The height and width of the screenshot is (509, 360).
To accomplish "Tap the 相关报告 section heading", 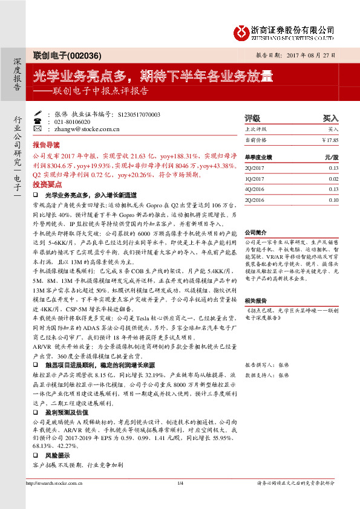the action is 255,300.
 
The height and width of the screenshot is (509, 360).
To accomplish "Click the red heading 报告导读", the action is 47,146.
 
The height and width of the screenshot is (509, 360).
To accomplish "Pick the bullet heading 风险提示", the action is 57,455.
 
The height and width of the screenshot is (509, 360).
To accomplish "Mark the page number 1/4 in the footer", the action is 180,482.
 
